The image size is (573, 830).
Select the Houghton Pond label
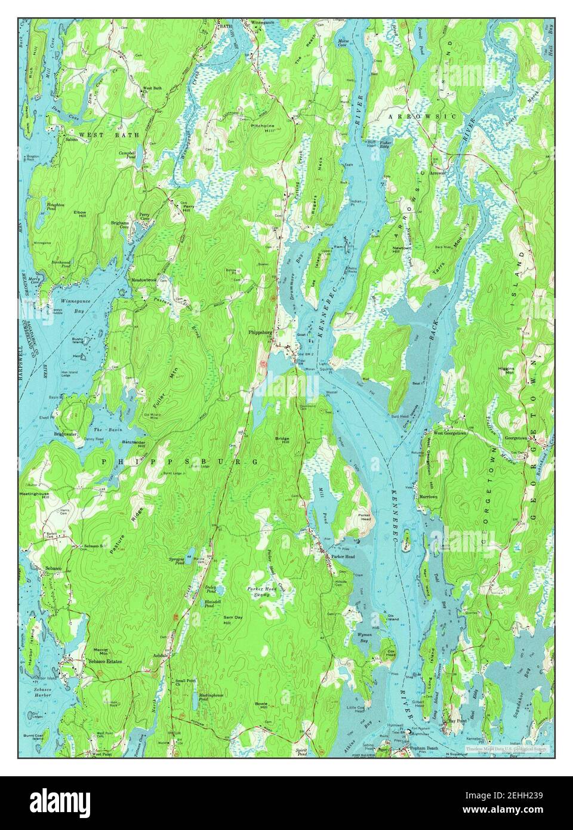[x=56, y=207]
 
